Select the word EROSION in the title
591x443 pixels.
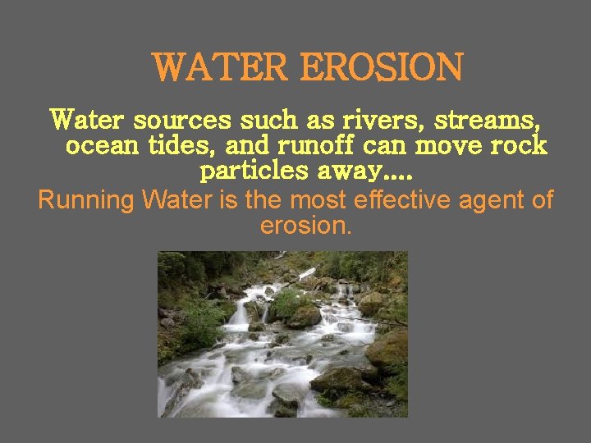[x=381, y=67]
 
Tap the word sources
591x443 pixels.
[x=181, y=121]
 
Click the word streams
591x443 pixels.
[x=487, y=121]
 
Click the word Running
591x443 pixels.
[x=86, y=199]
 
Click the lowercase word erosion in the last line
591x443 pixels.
[x=305, y=225]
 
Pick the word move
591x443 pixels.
[x=449, y=146]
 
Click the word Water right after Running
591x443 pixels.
[x=177, y=199]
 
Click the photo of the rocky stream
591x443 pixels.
[x=282, y=334]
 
